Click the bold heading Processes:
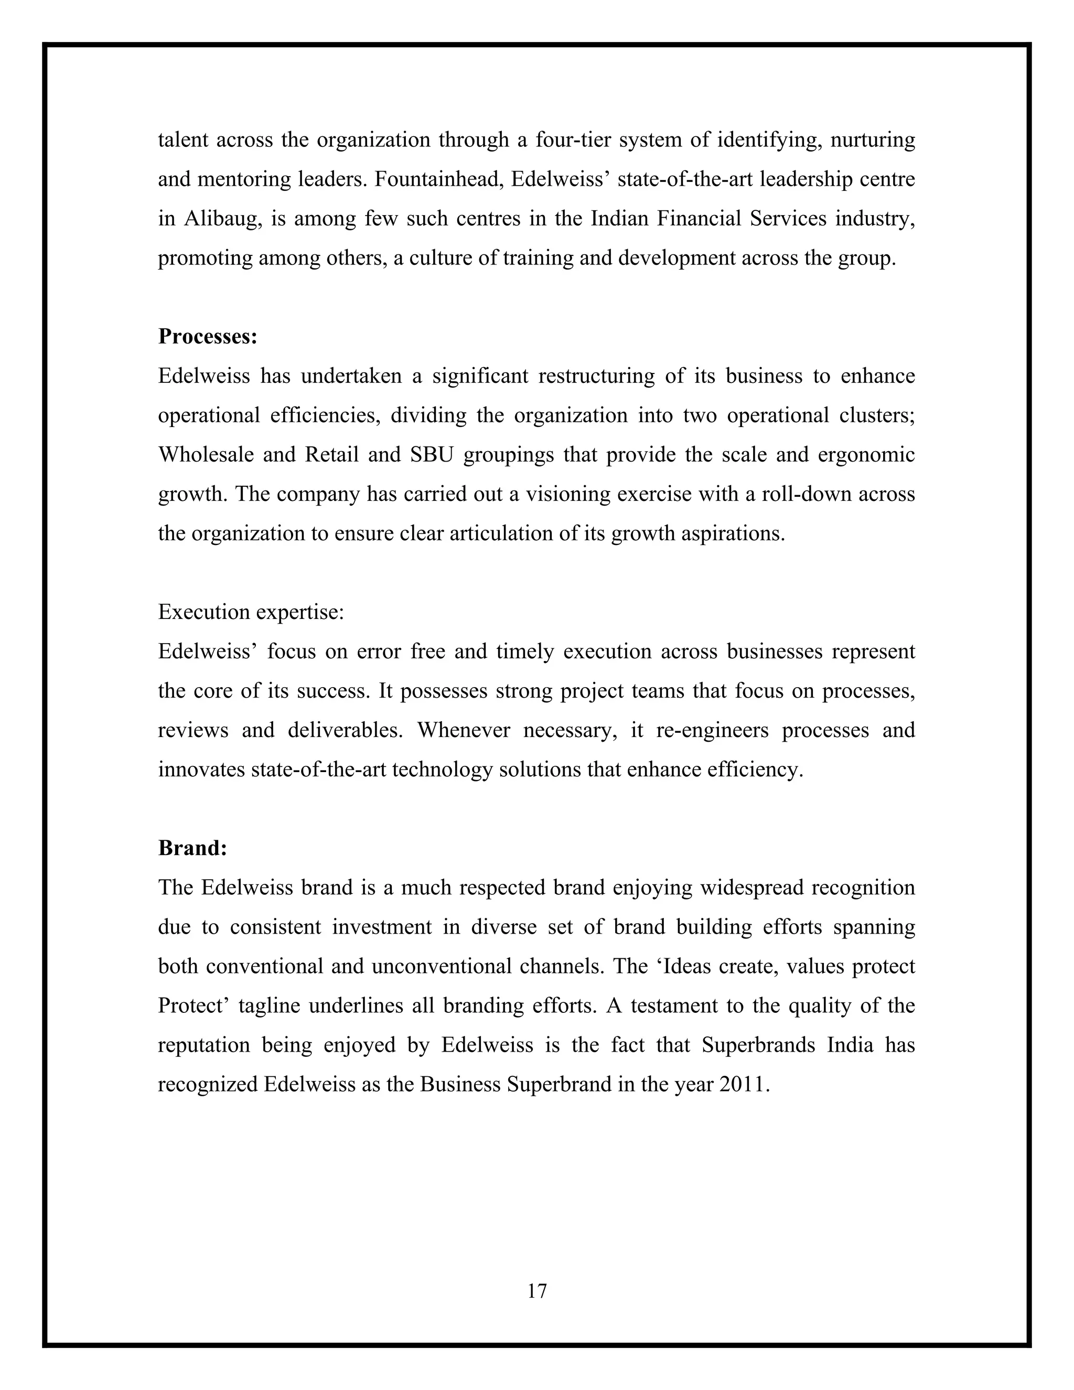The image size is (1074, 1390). [x=208, y=337]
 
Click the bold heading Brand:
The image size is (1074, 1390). [x=192, y=848]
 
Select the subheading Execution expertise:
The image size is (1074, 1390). [x=251, y=612]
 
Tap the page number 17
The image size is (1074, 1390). [x=537, y=1291]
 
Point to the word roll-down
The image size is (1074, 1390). [x=798, y=495]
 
